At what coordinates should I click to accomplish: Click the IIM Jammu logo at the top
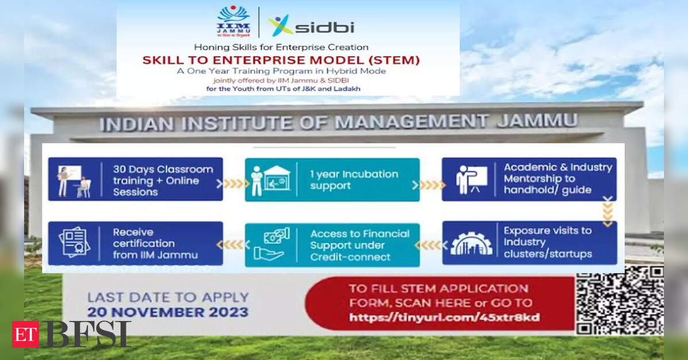[234, 21]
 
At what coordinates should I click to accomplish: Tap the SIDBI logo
[311, 26]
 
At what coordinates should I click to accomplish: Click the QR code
[620, 300]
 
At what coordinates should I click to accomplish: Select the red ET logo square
[25, 334]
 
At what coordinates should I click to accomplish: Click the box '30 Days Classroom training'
[136, 179]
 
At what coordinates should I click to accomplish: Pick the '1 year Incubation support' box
[332, 180]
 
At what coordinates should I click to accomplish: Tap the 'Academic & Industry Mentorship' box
[529, 179]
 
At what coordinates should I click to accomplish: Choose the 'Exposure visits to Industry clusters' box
[529, 243]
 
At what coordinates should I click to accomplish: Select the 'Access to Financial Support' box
[332, 245]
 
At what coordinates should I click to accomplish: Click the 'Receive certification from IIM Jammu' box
[136, 243]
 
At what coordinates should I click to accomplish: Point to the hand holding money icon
[270, 245]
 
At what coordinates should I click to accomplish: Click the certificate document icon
[74, 242]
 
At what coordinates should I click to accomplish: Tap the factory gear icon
[471, 243]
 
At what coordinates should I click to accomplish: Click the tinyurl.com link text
[445, 317]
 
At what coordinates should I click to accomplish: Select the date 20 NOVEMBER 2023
[168, 312]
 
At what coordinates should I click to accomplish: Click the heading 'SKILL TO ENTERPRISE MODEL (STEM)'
[281, 60]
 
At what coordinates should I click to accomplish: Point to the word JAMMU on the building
[538, 121]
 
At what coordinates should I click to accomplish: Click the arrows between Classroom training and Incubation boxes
[234, 184]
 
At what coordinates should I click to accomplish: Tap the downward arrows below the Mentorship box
[608, 212]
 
